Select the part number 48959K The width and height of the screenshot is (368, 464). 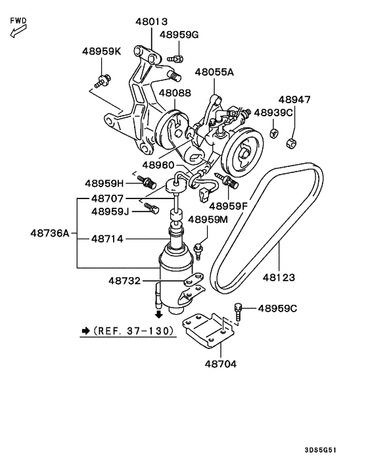coord(102,51)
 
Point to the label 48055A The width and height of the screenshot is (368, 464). coord(214,72)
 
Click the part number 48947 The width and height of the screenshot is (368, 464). coord(294,100)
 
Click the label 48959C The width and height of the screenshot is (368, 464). coord(277,308)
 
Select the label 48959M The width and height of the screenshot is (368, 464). coord(208,219)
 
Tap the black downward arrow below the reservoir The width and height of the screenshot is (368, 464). coord(158,313)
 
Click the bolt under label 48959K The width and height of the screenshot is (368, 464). coord(101,81)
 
